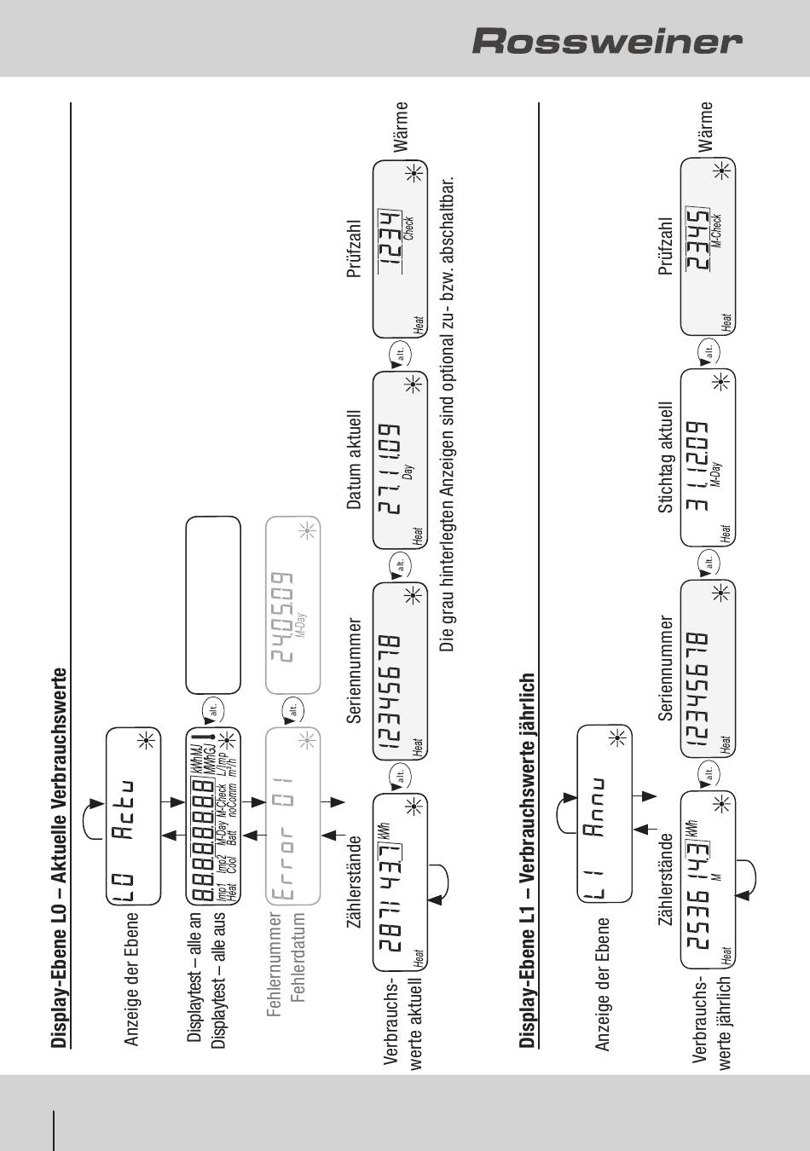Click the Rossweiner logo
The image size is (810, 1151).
click(x=607, y=42)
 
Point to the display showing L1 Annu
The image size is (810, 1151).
click(x=604, y=813)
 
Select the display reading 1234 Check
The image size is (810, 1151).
click(x=398, y=248)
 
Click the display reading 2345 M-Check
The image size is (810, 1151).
click(x=708, y=246)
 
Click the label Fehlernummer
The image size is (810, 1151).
click(x=275, y=964)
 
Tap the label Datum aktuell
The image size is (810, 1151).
click(x=355, y=460)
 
